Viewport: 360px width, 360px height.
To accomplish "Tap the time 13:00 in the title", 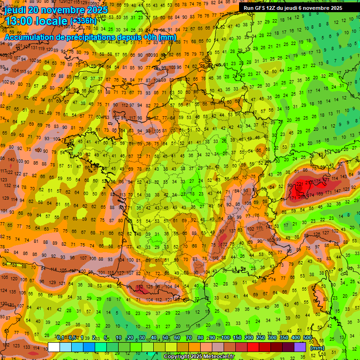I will pos(22,21).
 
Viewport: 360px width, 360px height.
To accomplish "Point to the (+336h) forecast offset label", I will pos(83,21).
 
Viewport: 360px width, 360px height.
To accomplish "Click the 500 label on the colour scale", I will pos(307,338).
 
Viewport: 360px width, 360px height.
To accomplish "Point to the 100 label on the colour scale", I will pos(225,338).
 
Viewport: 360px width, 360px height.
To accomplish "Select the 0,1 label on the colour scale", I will pos(60,338).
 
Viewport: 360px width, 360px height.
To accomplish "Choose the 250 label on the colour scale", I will pos(261,338).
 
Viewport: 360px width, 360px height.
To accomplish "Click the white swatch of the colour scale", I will pos(54,347).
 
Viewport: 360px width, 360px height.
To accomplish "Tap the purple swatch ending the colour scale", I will pos(300,347).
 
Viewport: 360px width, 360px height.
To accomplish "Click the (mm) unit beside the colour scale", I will pos(317,348).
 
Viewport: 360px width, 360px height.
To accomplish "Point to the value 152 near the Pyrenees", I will pos(140,287).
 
